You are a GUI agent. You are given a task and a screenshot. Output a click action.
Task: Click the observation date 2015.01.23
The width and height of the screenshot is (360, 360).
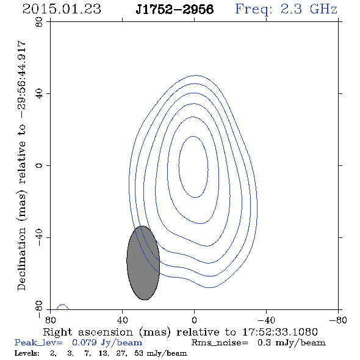pyautogui.click(x=62, y=9)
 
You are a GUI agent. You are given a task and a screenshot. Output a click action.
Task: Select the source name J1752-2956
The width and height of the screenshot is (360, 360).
pyautogui.click(x=175, y=10)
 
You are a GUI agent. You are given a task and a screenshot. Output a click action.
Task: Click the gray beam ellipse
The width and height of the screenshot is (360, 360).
pyautogui.click(x=143, y=263)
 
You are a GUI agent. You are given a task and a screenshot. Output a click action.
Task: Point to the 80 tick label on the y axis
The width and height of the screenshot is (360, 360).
pyautogui.click(x=39, y=22)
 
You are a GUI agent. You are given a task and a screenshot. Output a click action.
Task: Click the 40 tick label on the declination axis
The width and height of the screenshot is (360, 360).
pyautogui.click(x=39, y=94)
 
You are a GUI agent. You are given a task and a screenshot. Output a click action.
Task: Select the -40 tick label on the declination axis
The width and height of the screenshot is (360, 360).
pyautogui.click(x=39, y=237)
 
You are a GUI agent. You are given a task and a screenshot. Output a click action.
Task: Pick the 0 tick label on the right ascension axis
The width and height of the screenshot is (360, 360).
pyautogui.click(x=194, y=320)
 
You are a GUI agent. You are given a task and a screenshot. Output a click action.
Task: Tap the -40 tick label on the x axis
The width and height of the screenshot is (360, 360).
pyautogui.click(x=266, y=320)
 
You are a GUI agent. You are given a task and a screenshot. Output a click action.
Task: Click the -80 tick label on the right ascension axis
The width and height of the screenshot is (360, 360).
pyautogui.click(x=338, y=320)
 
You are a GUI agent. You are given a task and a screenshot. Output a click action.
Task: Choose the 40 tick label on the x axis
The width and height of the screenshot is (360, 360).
pyautogui.click(x=122, y=320)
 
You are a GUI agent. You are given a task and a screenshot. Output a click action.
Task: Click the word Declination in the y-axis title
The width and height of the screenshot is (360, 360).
pyautogui.click(x=21, y=259)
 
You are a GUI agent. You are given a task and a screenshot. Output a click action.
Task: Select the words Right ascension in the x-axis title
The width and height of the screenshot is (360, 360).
pyautogui.click(x=88, y=332)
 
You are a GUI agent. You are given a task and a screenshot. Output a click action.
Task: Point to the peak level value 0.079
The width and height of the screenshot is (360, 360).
pyautogui.click(x=84, y=342)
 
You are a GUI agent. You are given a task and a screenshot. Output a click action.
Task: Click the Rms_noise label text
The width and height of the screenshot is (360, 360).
pyautogui.click(x=220, y=343)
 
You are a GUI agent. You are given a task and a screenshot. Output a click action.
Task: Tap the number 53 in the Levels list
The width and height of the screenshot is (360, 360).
pyautogui.click(x=139, y=353)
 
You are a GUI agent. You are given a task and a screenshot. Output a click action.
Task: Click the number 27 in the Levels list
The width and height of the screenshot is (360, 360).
pyautogui.click(x=121, y=353)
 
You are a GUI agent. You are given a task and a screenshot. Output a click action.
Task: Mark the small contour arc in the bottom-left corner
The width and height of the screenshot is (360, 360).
pyautogui.click(x=62, y=306)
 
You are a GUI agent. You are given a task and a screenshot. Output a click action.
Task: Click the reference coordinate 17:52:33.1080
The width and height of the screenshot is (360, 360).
pyautogui.click(x=280, y=332)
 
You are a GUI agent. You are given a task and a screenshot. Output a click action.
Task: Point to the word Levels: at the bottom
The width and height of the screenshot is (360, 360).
pyautogui.click(x=27, y=353)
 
